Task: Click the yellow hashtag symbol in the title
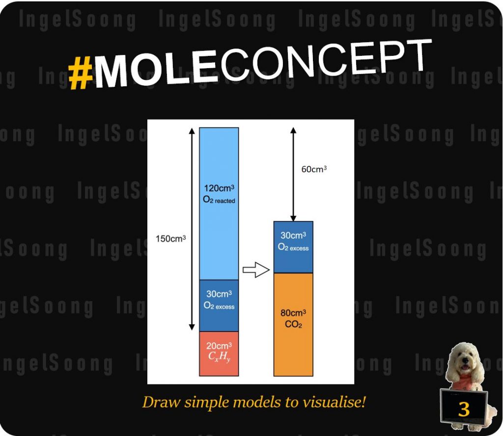tap(81, 73)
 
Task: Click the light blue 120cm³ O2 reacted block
tap(219, 204)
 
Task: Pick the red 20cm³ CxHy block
tap(219, 354)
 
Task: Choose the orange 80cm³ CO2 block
tap(293, 325)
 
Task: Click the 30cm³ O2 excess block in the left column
tap(219, 306)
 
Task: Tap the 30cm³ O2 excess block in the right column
tap(293, 247)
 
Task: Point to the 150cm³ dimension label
tap(170, 239)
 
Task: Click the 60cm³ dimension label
tap(314, 169)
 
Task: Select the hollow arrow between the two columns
tap(256, 270)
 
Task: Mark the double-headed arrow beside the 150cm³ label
tap(192, 229)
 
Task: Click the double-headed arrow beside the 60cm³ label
tap(293, 174)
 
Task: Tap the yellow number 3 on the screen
tap(464, 409)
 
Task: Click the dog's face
tap(464, 360)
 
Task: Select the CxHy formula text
tap(219, 356)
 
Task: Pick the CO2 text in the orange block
tap(293, 324)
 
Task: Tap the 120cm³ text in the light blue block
tap(219, 188)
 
